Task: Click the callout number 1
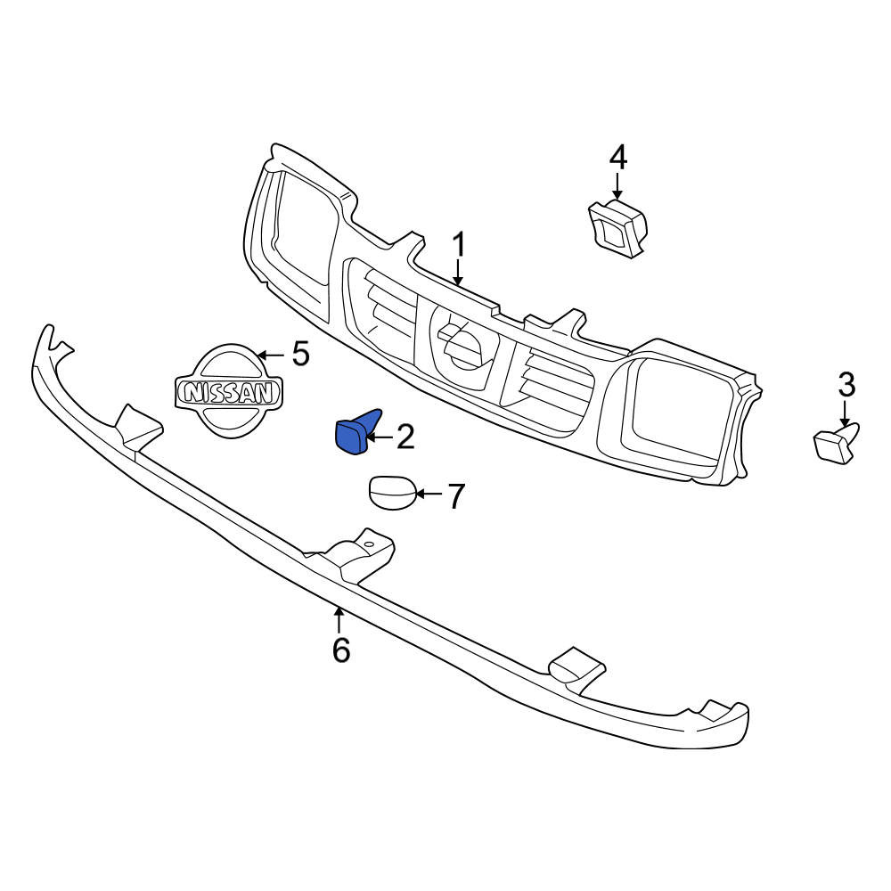tap(459, 245)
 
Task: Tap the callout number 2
tap(405, 437)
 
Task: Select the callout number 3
tap(846, 385)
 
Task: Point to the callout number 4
tap(618, 158)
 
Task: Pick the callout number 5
tap(300, 354)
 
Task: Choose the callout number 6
tap(341, 650)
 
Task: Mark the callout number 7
tap(456, 496)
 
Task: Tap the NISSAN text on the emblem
tap(229, 392)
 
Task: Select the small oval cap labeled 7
tap(393, 493)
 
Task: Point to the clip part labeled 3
tap(836, 443)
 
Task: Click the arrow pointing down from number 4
tap(618, 186)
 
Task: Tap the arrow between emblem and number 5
tap(271, 356)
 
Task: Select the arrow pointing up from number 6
tap(339, 620)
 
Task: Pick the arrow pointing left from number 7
tap(429, 494)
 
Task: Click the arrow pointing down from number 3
tap(846, 413)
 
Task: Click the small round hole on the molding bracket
tap(369, 544)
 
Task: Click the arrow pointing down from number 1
tap(459, 273)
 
